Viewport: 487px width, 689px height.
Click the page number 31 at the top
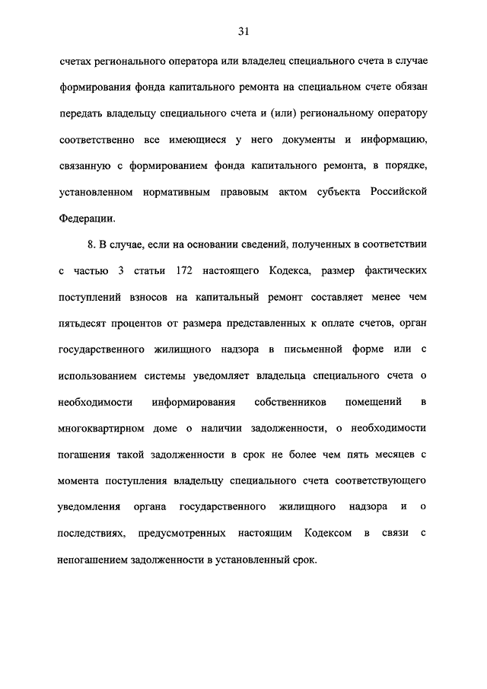(243, 30)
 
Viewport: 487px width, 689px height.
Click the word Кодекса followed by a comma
(287, 271)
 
